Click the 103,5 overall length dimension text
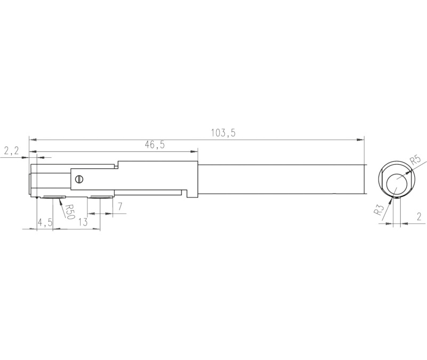(x=223, y=133)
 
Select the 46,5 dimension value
(x=155, y=145)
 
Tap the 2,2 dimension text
(x=11, y=150)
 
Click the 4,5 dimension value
(x=45, y=222)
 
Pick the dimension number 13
(x=83, y=222)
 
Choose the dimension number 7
(x=120, y=206)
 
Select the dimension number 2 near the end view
(x=419, y=217)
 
